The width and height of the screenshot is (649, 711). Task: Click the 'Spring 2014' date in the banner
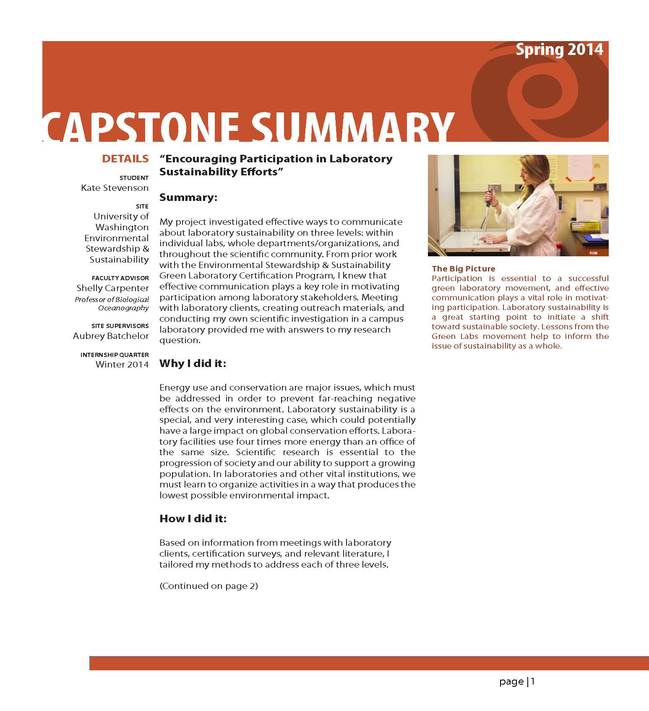[x=559, y=50]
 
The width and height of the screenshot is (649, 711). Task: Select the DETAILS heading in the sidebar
[x=125, y=159]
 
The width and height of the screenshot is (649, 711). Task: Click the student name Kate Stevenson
[x=115, y=188]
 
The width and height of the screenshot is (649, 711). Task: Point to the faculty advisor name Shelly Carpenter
[x=112, y=288]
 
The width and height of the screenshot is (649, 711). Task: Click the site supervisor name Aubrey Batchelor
[x=111, y=336]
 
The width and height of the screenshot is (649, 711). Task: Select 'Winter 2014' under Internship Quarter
[x=122, y=365]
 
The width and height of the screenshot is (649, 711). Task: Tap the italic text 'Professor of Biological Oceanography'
[x=112, y=304]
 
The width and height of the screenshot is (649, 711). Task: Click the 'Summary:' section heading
[x=188, y=197]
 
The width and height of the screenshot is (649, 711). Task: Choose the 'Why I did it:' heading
[x=193, y=363]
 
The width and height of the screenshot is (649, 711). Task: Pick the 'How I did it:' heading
[x=193, y=518]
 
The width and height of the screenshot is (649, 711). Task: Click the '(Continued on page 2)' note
[x=209, y=586]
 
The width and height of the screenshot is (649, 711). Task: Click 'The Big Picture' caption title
[x=463, y=268]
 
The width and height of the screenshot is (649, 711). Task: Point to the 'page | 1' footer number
[x=517, y=682]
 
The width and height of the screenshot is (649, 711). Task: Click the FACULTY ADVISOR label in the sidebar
[x=120, y=278]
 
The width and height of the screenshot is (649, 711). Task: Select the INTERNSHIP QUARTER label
[x=114, y=355]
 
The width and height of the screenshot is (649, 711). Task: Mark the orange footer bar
[x=369, y=663]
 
